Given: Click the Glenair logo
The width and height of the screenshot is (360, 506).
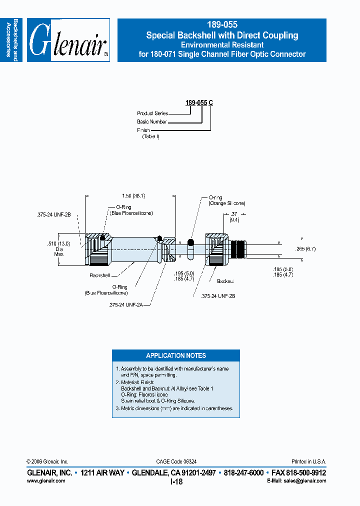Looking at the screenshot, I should point(68,40).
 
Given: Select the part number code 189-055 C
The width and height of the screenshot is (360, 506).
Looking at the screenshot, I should point(199,103).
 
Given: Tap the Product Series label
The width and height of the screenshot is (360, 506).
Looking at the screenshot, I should point(152,113).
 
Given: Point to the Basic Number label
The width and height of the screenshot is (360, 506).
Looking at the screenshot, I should point(152,121).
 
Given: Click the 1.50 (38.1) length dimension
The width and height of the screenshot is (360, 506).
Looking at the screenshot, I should point(133,196).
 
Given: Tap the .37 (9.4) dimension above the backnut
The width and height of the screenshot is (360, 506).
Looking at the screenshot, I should point(234,216).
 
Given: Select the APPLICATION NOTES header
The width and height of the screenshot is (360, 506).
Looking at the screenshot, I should point(175,355).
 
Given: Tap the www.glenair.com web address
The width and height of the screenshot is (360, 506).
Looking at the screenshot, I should point(45,480).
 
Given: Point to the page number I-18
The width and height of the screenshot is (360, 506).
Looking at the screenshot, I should point(176,481).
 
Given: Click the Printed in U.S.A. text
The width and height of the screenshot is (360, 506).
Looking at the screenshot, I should point(308,461).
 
